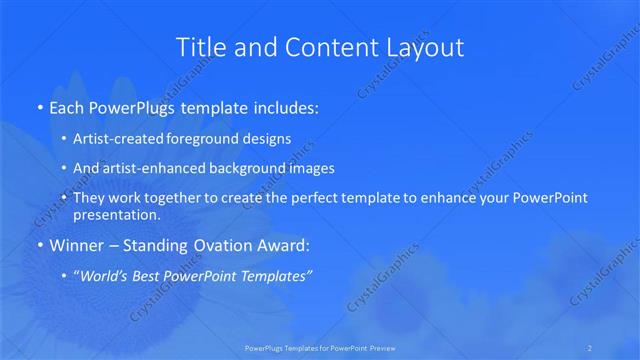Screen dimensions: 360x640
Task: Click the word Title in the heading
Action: (199, 47)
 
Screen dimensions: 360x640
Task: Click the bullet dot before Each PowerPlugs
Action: (39, 106)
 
